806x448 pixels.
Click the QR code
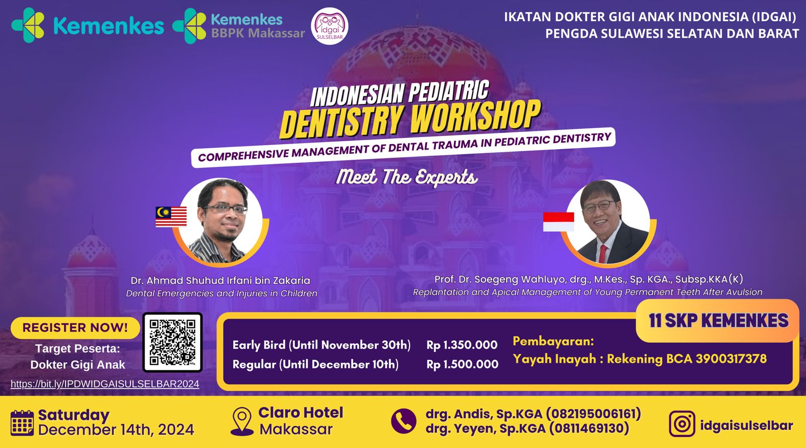[x=172, y=342]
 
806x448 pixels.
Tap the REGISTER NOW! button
[x=75, y=328]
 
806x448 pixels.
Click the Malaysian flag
[x=171, y=217]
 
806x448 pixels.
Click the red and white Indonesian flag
[x=558, y=222]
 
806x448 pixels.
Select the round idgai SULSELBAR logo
[x=330, y=26]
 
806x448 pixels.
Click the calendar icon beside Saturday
[x=22, y=422]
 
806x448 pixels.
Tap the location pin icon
[x=242, y=421]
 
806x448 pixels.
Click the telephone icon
[x=404, y=421]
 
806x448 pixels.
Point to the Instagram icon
[x=682, y=424]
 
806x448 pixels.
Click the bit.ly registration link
[x=105, y=384]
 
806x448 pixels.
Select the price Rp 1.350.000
[x=462, y=345]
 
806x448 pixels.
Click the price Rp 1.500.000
[x=462, y=364]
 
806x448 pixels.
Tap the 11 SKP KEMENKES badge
[x=718, y=321]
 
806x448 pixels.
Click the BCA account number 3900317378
[x=731, y=359]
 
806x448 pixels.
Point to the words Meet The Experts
[x=407, y=177]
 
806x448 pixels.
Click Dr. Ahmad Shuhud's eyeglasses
[x=225, y=209]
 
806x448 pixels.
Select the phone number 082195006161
[x=593, y=414]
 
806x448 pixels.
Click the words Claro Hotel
[x=301, y=413]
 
